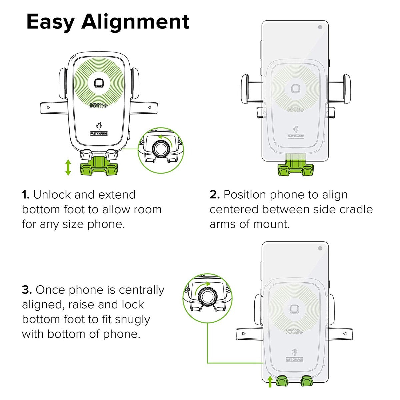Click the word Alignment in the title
click(x=135, y=22)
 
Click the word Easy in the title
click(x=51, y=23)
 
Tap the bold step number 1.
click(x=26, y=195)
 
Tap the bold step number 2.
click(x=214, y=195)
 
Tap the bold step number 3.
click(x=27, y=290)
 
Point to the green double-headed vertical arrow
click(x=68, y=167)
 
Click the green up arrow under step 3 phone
click(x=270, y=381)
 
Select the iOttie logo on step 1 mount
click(x=99, y=105)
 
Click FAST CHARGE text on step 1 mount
click(x=99, y=133)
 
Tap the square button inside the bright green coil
click(x=99, y=83)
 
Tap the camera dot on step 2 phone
click(x=320, y=27)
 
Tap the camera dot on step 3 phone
click(x=320, y=248)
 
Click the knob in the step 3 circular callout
click(x=207, y=296)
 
